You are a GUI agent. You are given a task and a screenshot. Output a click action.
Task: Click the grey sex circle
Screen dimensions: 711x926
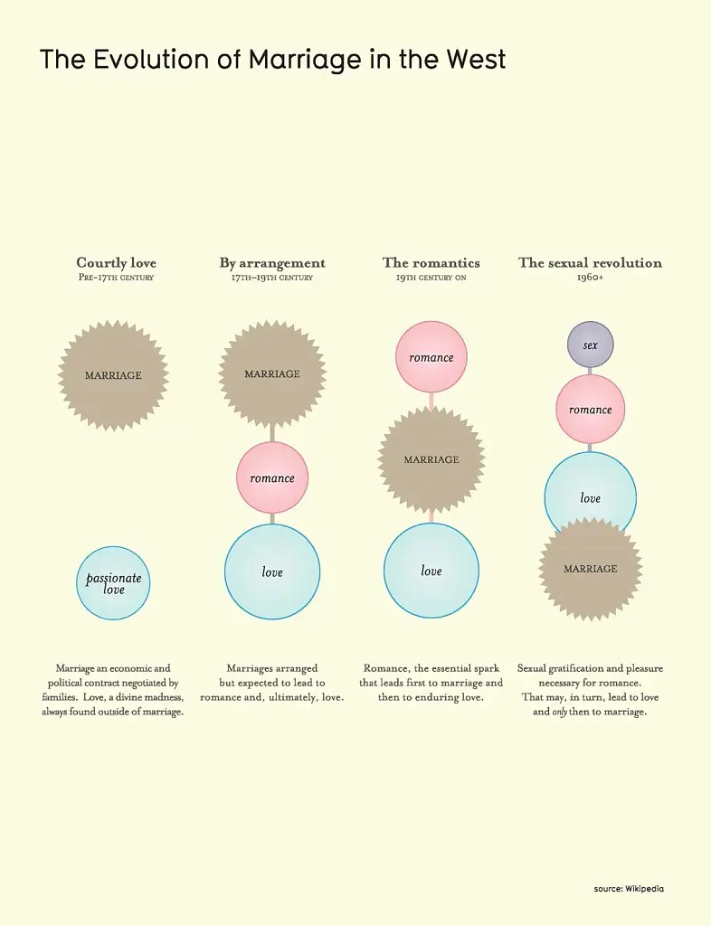590,345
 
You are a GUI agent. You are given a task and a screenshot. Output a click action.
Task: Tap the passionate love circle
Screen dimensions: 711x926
113,583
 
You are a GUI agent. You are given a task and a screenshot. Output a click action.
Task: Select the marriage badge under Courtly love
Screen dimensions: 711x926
113,375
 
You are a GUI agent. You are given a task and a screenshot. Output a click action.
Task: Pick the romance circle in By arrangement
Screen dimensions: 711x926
272,477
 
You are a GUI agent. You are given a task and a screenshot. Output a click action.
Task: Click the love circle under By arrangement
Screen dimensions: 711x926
272,572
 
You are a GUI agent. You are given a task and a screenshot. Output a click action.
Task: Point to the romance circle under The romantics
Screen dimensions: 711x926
431,357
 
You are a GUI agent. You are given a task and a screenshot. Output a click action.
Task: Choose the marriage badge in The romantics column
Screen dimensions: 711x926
431,459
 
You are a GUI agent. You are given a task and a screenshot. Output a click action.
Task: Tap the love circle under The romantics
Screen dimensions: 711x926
431,571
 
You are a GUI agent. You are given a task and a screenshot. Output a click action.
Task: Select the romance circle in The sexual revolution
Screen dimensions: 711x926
590,410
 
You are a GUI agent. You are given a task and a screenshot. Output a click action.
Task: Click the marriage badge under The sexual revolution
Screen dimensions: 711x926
590,569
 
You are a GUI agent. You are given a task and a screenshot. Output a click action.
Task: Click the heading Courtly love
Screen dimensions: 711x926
117,263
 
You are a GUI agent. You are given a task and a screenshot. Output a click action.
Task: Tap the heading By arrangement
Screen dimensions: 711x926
272,263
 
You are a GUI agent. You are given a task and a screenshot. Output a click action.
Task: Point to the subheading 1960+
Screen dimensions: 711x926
590,277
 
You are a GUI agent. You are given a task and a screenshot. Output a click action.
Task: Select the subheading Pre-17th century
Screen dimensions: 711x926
116,277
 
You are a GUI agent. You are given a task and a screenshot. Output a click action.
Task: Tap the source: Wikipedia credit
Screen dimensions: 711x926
629,889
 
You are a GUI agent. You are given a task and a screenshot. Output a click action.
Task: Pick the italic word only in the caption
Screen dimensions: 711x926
559,712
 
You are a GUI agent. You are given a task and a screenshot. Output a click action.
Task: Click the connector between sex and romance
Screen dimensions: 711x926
590,371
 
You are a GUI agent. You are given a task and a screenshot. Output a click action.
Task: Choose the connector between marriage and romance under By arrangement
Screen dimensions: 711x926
272,433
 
